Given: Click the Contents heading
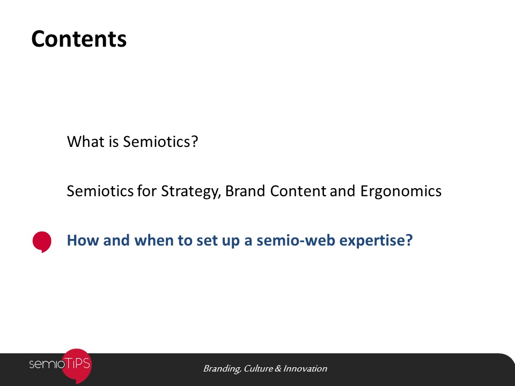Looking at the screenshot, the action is pos(79,39).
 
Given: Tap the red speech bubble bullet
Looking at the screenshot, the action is pos(42,242).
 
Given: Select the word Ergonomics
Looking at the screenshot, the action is pos(401,191).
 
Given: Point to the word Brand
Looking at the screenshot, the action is pos(245,191).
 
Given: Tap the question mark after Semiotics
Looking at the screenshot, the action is pos(194,142).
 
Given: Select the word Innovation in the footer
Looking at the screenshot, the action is pos(305,369).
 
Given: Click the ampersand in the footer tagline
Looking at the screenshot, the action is pos(278,369).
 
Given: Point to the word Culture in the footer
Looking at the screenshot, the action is pos(258,369).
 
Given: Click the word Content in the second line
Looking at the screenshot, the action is pos(298,191).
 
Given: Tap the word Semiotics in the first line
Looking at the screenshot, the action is pos(156,142).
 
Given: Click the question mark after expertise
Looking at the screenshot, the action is pos(409,240).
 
